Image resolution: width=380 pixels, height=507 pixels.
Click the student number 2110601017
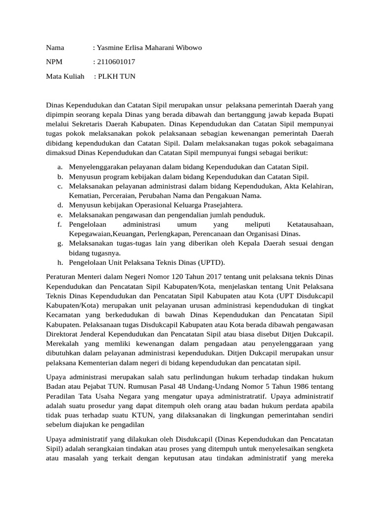pyautogui.click(x=116, y=62)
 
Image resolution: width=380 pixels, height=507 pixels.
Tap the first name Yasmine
pyautogui.click(x=112, y=48)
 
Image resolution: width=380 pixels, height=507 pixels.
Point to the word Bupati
pyautogui.click(x=323, y=115)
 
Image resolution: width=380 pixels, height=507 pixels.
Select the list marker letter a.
pyautogui.click(x=59, y=167)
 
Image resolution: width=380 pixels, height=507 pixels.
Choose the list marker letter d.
pyautogui.click(x=59, y=205)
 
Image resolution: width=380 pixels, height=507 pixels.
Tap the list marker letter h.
pyautogui.click(x=59, y=262)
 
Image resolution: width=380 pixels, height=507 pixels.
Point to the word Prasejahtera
pyautogui.click(x=221, y=205)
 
